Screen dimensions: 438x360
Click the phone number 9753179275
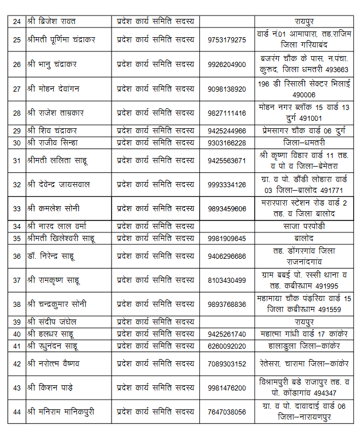(227, 40)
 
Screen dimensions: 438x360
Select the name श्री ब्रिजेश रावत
(54, 21)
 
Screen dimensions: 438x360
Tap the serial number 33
(17, 208)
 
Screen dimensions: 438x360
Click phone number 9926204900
(227, 64)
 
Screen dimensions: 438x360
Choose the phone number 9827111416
(227, 113)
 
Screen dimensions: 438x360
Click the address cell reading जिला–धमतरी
(304, 143)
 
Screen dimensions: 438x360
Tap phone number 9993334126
(227, 184)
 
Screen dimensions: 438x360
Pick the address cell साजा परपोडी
(304, 226)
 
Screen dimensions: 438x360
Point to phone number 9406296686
(227, 256)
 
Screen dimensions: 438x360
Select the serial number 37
(17, 280)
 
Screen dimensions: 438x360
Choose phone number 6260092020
(227, 346)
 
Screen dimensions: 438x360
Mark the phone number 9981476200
(227, 388)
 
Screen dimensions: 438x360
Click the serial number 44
(17, 412)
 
